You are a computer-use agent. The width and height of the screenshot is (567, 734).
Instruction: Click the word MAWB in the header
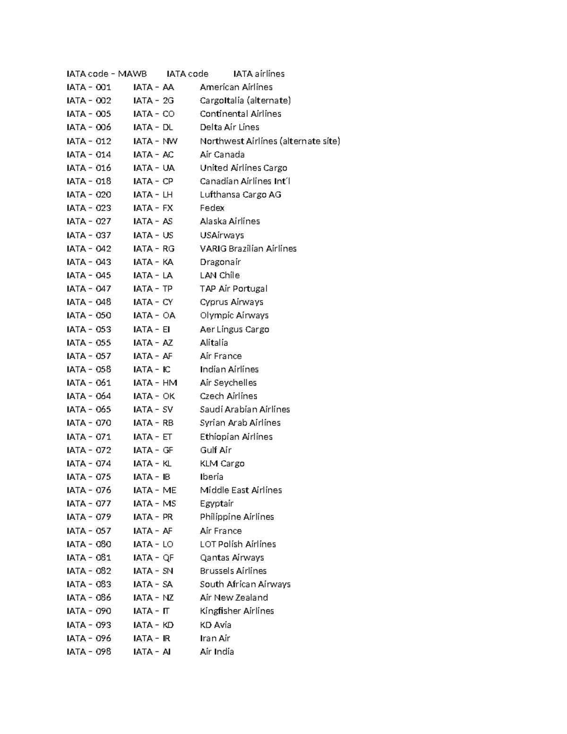(x=132, y=74)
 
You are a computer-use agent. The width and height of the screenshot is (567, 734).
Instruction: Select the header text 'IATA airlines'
(x=259, y=74)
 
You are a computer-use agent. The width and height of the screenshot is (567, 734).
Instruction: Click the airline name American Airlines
(x=236, y=87)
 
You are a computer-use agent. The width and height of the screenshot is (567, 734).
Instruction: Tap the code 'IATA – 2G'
(x=154, y=100)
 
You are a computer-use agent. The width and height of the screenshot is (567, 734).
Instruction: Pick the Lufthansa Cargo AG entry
(x=240, y=194)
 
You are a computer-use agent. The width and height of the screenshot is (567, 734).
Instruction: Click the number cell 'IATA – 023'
(x=89, y=208)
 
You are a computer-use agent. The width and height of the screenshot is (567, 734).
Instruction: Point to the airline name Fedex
(x=212, y=208)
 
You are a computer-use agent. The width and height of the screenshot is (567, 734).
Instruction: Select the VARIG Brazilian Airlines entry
(x=248, y=249)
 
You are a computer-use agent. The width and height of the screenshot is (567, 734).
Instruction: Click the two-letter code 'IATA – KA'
(x=153, y=262)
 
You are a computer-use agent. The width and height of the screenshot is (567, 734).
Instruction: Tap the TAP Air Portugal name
(x=233, y=289)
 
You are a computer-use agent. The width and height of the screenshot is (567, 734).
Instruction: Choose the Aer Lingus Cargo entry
(x=234, y=329)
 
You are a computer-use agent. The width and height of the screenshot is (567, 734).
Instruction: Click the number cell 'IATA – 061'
(x=89, y=383)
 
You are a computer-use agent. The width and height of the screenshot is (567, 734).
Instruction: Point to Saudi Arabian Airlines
(x=245, y=409)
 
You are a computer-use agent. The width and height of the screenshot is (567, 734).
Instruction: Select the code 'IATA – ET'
(x=153, y=437)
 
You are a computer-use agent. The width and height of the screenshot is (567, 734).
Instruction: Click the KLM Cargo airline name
(x=222, y=464)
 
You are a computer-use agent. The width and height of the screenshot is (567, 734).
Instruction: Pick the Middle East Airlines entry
(x=241, y=490)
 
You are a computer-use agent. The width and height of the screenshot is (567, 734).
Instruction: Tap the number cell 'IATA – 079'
(x=89, y=517)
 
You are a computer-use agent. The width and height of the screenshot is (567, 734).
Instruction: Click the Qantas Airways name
(x=232, y=558)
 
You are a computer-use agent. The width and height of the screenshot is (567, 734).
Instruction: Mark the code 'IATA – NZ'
(x=153, y=597)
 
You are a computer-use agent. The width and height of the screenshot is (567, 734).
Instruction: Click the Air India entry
(x=216, y=652)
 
